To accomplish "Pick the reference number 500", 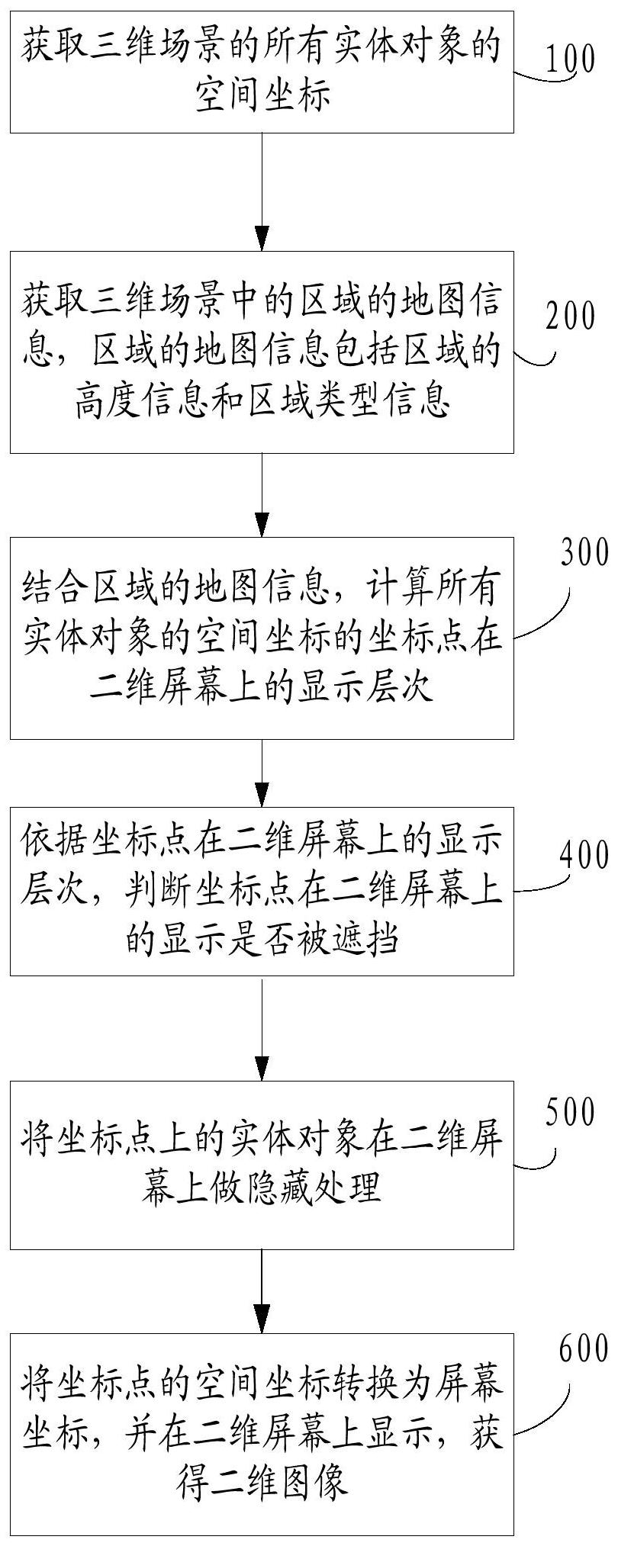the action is tap(569, 1113).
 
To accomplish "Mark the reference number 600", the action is tap(584, 1348).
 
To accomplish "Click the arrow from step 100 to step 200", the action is tap(262, 191).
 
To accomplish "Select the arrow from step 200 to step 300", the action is tap(262, 495).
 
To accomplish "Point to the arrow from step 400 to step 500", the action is tap(262, 1027).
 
